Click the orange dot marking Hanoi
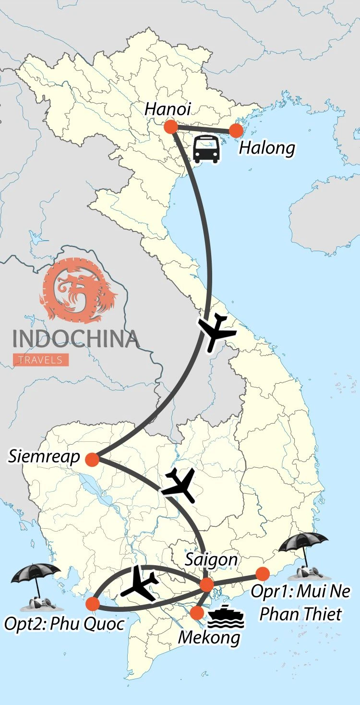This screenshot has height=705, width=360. (x=170, y=127)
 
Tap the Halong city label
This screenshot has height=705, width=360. (x=267, y=148)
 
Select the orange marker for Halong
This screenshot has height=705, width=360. (x=236, y=131)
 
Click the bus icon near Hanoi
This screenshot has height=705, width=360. (x=206, y=149)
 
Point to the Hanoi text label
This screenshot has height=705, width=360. (x=168, y=109)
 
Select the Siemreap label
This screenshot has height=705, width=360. (x=44, y=457)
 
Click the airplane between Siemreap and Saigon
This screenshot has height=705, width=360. (x=180, y=485)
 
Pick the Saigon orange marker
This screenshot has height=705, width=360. (x=206, y=585)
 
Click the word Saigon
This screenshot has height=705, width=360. (x=212, y=560)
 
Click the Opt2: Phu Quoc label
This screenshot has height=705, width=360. (x=64, y=624)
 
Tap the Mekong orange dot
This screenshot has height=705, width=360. (x=197, y=613)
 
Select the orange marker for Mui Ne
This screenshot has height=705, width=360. (x=262, y=574)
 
